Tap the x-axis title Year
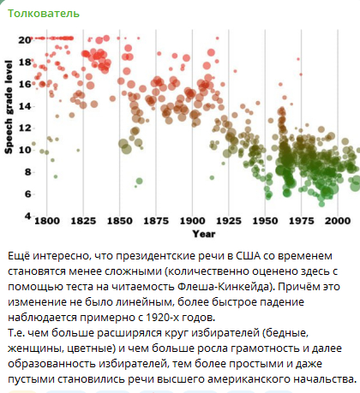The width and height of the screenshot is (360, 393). tap(204, 233)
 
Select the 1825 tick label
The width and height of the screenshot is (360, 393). tap(83, 222)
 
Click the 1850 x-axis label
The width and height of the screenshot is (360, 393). tap(120, 222)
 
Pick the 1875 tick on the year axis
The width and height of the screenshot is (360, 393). tap(157, 222)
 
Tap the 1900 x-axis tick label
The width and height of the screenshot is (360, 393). tap(194, 222)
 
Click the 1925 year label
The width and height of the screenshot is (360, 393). tap(230, 222)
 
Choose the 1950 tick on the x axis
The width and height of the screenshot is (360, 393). tap(266, 222)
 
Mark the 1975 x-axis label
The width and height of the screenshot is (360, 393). tap(302, 222)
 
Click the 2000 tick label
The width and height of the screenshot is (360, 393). tap(338, 222)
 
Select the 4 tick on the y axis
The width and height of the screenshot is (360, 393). tap(27, 216)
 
